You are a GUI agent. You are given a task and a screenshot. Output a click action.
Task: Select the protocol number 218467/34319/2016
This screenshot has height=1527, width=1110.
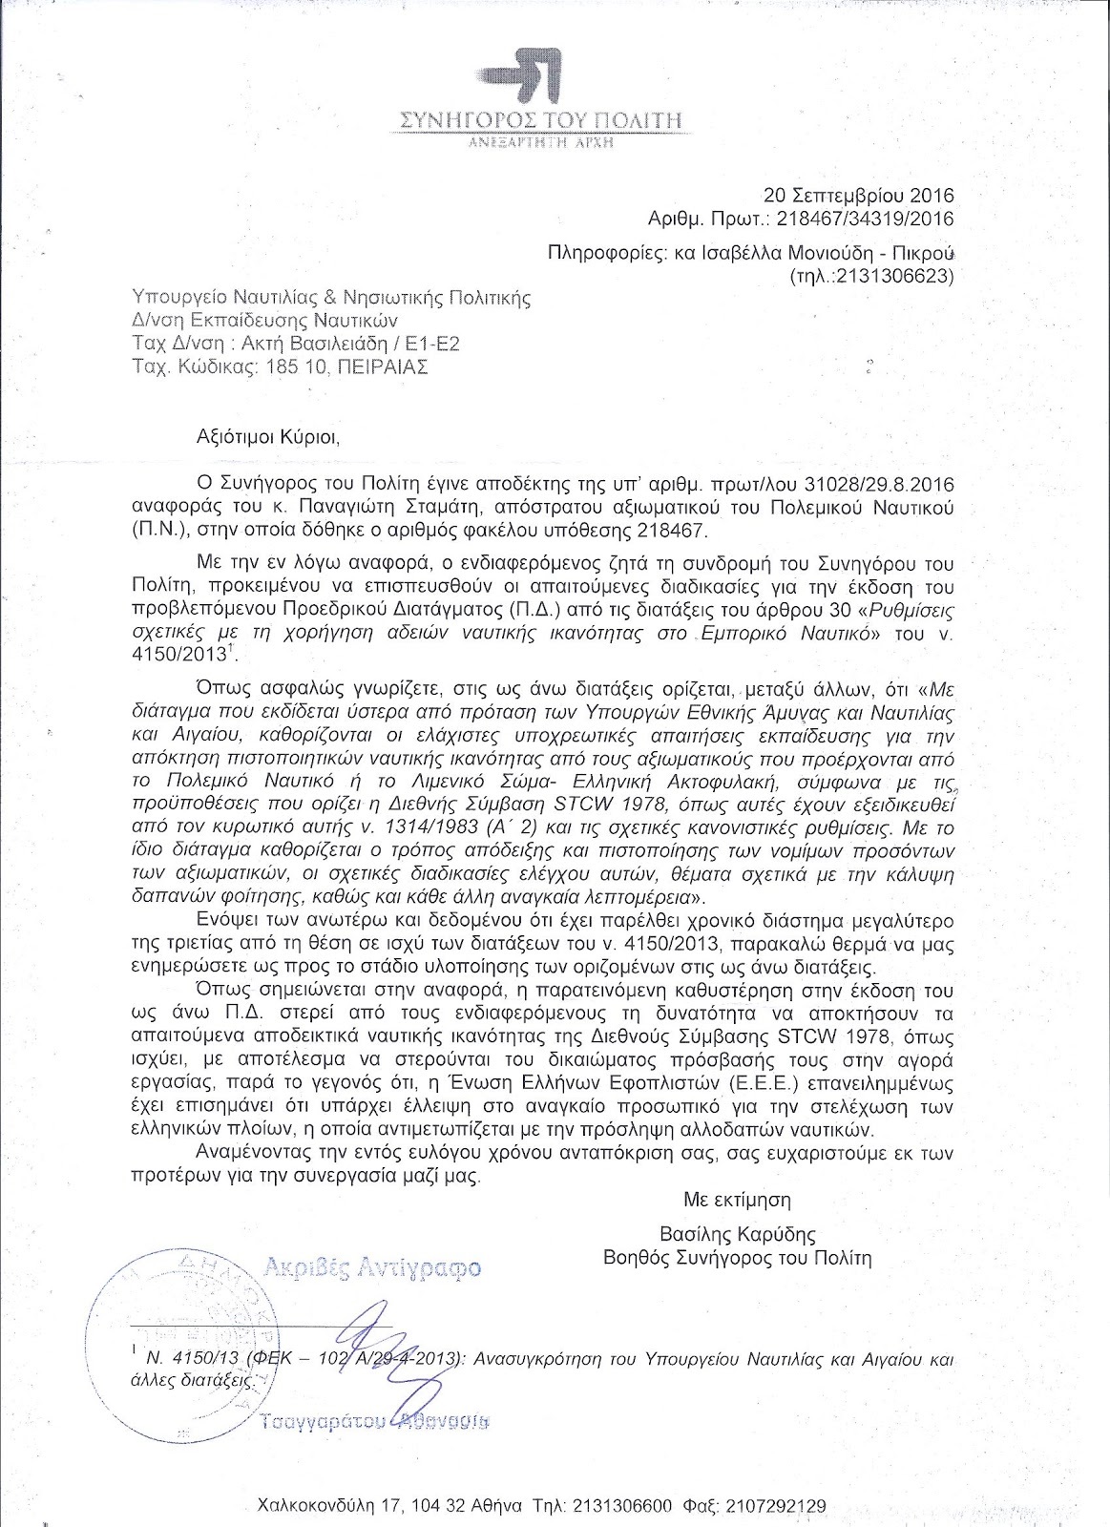click(x=866, y=219)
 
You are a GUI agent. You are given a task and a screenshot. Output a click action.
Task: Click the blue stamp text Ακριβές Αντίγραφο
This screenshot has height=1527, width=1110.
click(x=370, y=1268)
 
